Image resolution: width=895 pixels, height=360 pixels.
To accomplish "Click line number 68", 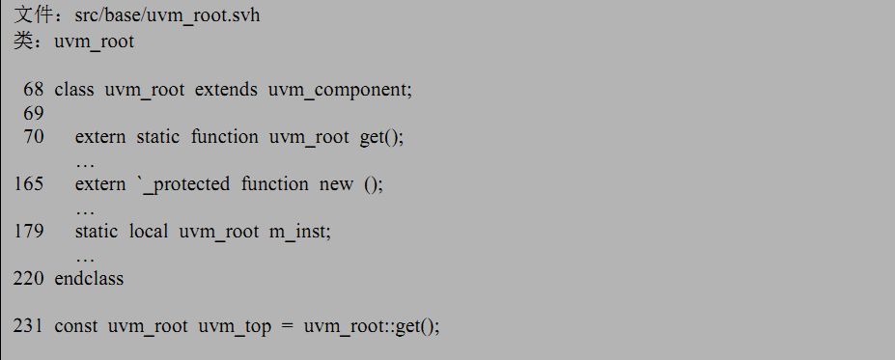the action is point(34,90).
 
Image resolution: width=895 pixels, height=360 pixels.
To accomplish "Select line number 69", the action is point(34,113).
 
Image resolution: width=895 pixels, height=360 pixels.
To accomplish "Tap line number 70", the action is point(34,136).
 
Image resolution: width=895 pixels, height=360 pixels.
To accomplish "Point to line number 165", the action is point(29,183).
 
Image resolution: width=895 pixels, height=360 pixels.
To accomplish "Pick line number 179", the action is point(29,231).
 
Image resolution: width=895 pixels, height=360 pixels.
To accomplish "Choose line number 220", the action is point(29,278).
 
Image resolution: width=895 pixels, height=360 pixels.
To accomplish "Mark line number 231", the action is point(29,325).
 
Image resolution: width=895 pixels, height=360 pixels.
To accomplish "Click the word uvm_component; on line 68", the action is point(340,90).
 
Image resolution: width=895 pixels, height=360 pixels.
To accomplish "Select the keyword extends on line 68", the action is point(225,90).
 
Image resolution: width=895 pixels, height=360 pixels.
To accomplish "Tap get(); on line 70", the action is point(381,136).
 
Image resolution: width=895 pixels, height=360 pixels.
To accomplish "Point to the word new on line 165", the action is point(336,183).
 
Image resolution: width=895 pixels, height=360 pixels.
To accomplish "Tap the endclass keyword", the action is point(89,278).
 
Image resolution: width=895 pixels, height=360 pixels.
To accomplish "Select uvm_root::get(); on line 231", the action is point(372,325).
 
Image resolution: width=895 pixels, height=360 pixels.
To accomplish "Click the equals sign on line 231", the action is point(286,325).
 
